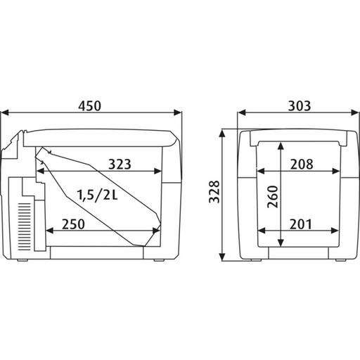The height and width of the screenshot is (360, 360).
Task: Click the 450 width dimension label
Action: [90, 105]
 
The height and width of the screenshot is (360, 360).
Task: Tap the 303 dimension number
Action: [300, 105]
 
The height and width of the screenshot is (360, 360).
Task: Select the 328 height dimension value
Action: [214, 192]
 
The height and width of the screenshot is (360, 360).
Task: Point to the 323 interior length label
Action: [120, 164]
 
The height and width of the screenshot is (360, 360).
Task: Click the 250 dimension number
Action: [73, 224]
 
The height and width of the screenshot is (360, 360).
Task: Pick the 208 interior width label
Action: [302, 164]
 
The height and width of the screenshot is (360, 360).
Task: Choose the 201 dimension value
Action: [301, 224]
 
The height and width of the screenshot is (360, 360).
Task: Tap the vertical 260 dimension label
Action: [273, 197]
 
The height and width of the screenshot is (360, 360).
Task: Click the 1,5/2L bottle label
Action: [98, 195]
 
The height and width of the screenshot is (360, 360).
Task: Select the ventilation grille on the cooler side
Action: [25, 226]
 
